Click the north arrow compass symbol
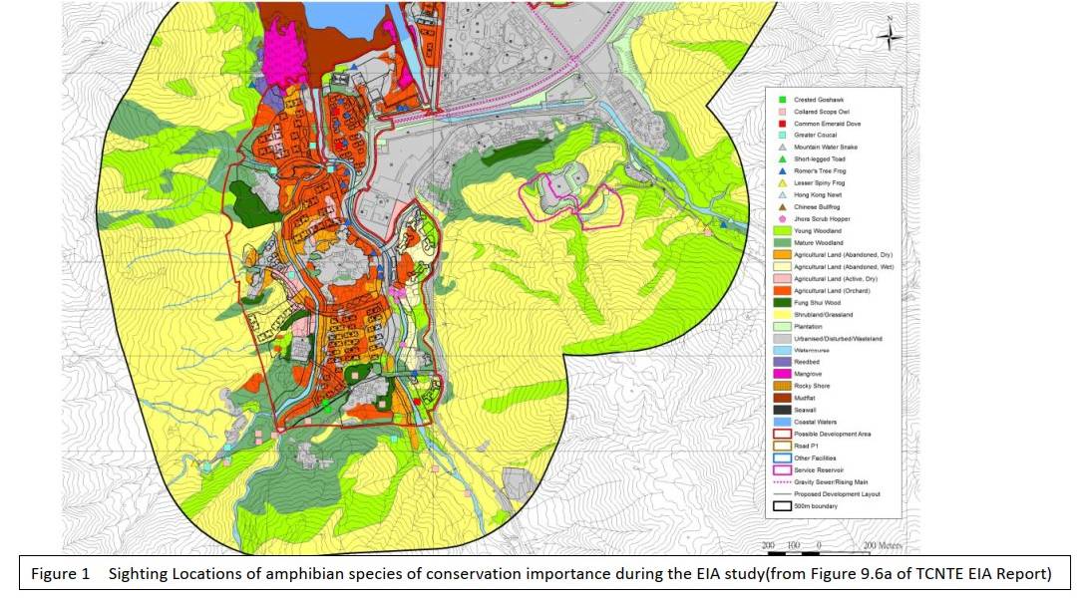(x=892, y=38)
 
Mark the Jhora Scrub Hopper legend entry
(x=816, y=218)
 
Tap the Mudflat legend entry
(x=804, y=397)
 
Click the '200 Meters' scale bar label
(x=883, y=546)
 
